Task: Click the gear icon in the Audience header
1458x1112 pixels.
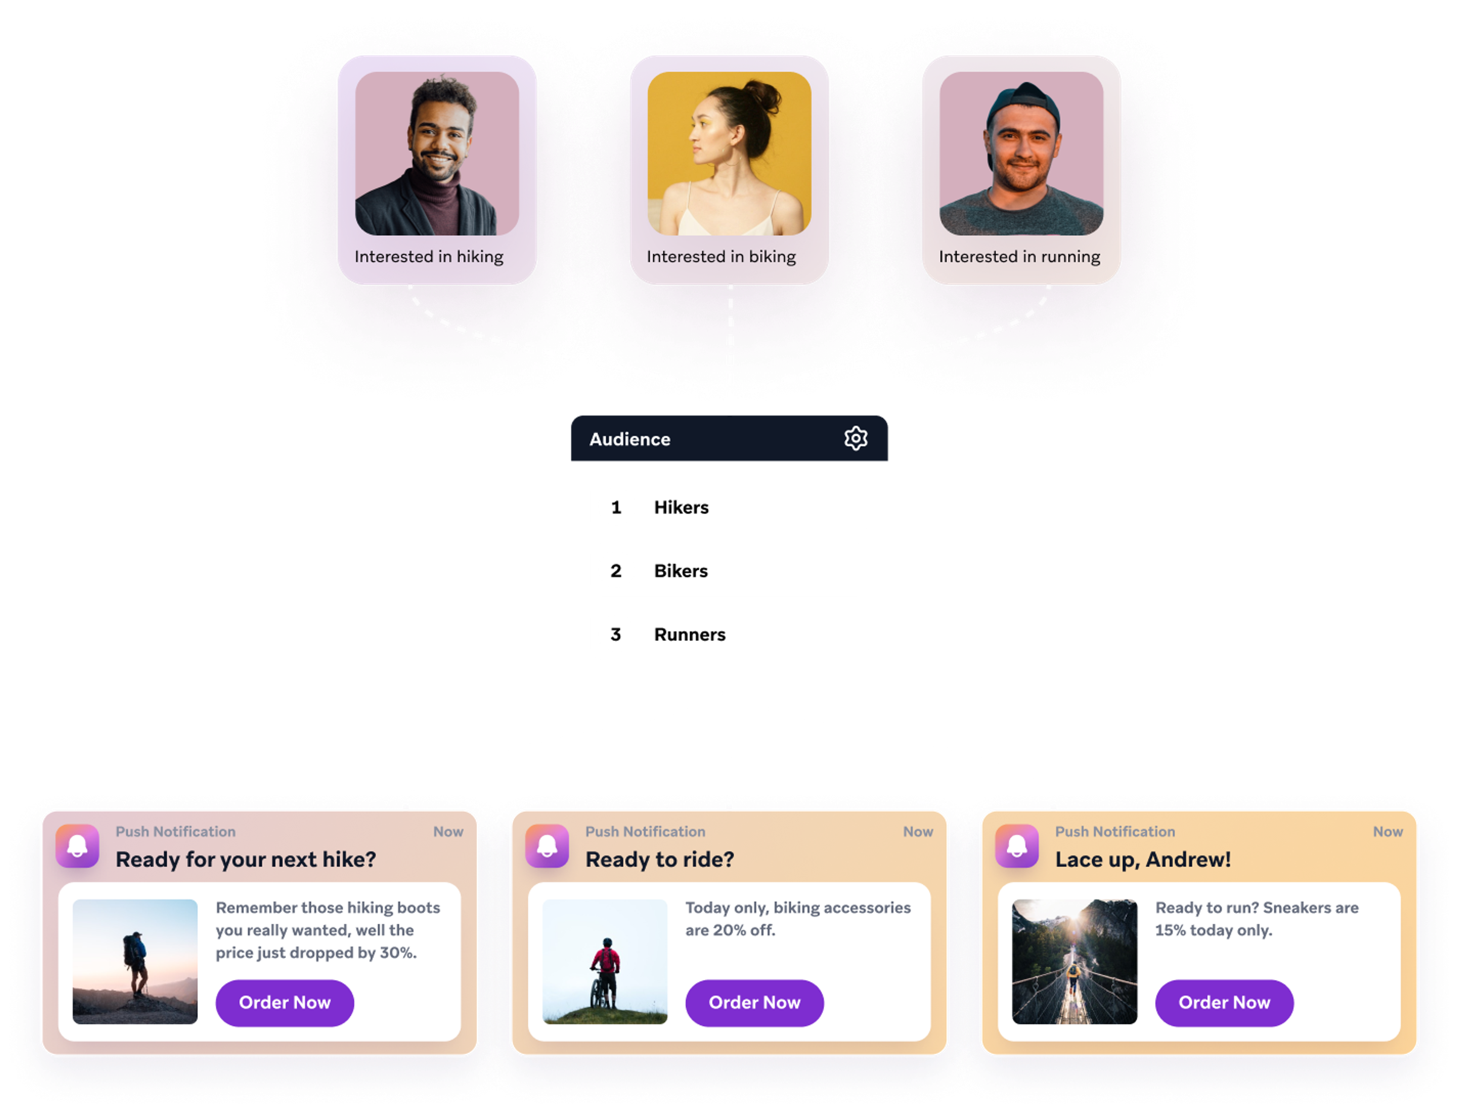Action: (855, 438)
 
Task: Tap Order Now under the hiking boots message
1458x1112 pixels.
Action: (285, 1002)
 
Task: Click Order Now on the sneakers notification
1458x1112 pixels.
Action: (1224, 1002)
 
